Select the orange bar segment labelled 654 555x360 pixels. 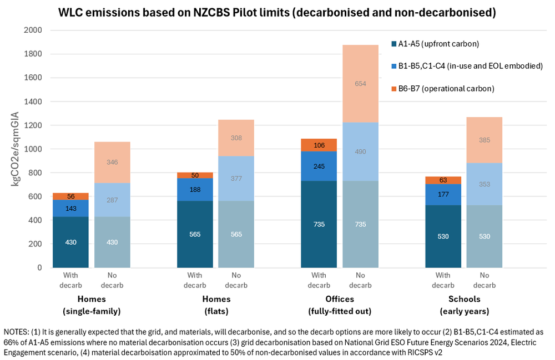coord(360,84)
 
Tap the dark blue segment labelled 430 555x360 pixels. coord(71,242)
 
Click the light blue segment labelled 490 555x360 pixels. coord(360,151)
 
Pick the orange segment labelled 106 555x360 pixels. coord(319,145)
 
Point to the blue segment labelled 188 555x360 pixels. coord(195,189)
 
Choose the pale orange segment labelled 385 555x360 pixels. coord(485,140)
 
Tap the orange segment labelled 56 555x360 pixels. coord(71,196)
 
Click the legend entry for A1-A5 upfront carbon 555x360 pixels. coord(438,43)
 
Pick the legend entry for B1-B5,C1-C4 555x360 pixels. coord(470,65)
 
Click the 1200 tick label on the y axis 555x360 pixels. coord(33,125)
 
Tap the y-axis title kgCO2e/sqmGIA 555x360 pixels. coord(16,149)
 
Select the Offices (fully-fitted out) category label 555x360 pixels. coord(340,305)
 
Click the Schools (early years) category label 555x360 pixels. coord(463,305)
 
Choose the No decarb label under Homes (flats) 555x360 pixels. coord(236,281)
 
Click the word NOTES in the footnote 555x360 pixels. coord(17,331)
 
